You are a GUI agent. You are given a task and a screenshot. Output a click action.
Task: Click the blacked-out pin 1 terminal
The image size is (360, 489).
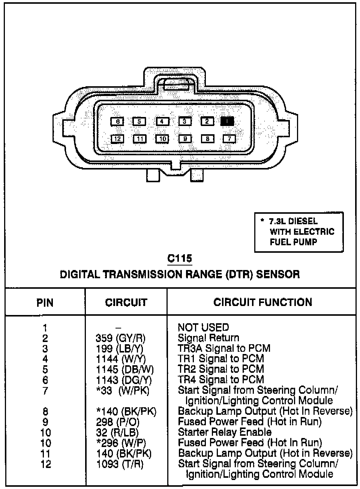227,121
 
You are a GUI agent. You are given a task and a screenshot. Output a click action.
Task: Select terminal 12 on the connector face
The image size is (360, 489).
117,139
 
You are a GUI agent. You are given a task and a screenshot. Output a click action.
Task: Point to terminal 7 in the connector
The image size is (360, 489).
229,139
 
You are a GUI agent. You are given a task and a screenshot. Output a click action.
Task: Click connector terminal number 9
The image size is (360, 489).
184,139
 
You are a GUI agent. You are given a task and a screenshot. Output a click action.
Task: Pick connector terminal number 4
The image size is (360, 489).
162,121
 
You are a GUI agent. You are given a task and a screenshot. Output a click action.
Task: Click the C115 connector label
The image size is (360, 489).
180,258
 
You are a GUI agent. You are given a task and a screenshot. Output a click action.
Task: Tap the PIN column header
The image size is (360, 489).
45,303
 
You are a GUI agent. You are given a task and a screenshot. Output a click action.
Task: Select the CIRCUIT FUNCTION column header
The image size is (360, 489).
262,302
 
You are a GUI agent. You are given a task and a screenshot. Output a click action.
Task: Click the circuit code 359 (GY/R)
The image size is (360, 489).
120,338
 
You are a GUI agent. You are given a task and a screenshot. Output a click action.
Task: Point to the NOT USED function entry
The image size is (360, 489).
203,327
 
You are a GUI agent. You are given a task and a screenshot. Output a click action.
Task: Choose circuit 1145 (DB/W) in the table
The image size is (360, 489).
124,369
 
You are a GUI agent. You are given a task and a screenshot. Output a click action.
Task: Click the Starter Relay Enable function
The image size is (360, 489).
225,432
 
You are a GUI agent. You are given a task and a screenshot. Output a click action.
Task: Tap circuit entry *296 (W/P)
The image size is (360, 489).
121,442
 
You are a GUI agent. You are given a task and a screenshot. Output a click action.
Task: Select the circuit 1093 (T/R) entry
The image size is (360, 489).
120,464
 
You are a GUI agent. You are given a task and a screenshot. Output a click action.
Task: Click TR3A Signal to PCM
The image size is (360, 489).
224,348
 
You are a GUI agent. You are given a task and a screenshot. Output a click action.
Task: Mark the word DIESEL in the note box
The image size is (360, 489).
303,221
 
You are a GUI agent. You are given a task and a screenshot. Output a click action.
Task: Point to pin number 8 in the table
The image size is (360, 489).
45,411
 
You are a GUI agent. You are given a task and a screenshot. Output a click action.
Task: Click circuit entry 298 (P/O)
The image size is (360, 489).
117,421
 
